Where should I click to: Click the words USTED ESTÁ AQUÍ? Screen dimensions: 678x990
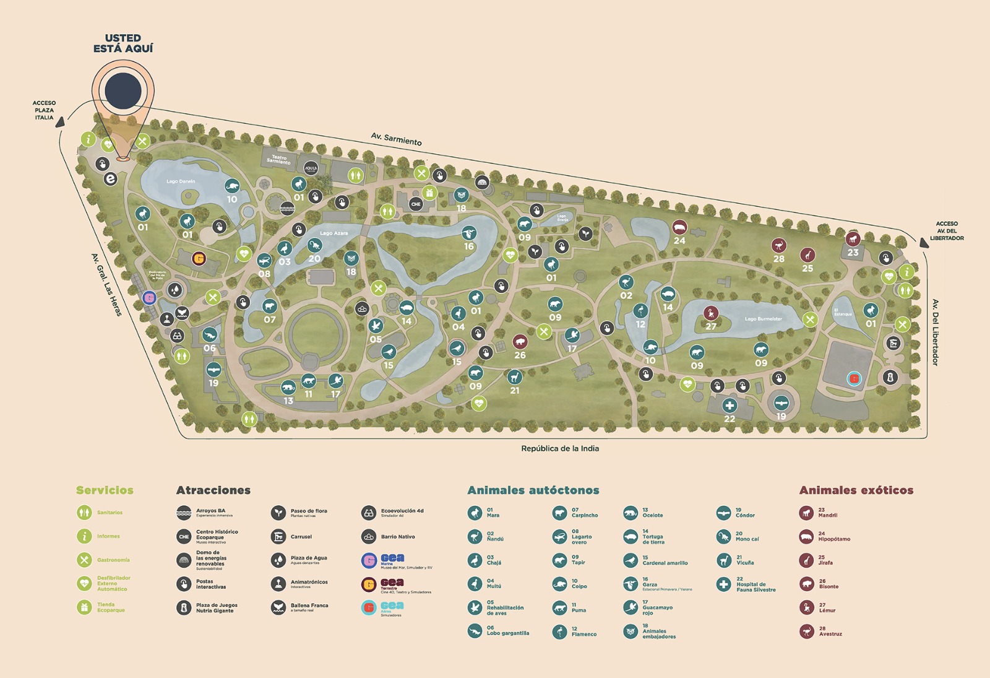tap(123, 43)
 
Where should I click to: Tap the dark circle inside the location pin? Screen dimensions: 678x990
tap(123, 90)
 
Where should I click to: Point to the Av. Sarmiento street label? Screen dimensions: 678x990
tap(396, 139)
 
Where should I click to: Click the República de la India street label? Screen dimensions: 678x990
tap(559, 448)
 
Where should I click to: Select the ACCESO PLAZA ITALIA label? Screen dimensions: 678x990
tap(44, 110)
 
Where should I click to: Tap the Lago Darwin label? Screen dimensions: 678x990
tap(181, 181)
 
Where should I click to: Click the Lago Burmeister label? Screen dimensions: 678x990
tap(763, 319)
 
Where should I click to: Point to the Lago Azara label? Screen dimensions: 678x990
tap(334, 233)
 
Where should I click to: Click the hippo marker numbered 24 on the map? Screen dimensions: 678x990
tap(679, 227)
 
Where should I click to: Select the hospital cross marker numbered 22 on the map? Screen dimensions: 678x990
tap(730, 406)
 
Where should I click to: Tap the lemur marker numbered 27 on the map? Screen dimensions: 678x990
tap(711, 313)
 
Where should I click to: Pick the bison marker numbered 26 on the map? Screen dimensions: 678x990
tap(520, 342)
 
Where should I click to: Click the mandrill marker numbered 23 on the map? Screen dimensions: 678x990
tap(853, 239)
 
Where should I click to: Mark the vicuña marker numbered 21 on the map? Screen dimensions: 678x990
tap(514, 377)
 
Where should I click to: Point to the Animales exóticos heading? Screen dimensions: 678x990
tap(856, 490)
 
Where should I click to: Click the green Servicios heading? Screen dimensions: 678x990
tap(105, 490)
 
